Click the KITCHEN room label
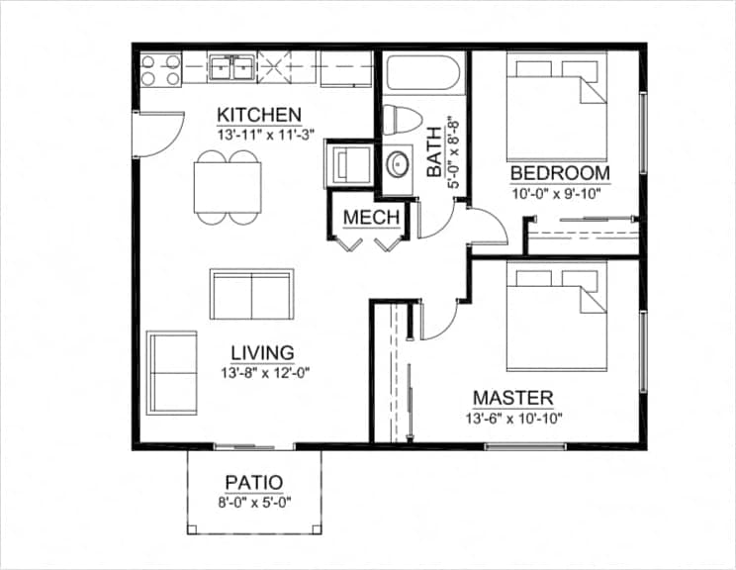259,113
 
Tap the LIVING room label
262,352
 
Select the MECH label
371,218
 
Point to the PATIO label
254,483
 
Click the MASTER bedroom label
512,398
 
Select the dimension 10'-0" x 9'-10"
560,192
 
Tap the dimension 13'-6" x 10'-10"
512,417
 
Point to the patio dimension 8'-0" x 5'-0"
254,502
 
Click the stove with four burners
160,70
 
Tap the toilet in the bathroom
401,119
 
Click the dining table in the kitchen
229,185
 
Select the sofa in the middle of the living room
251,294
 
